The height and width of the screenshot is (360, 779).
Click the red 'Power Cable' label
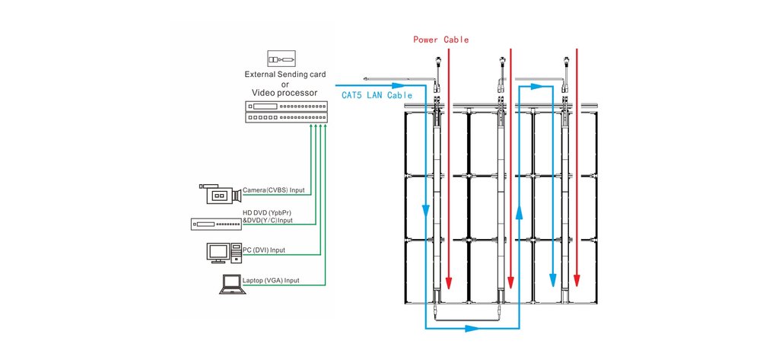(440, 40)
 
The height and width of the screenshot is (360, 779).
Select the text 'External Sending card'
(285, 75)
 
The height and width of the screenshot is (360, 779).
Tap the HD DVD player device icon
(215, 224)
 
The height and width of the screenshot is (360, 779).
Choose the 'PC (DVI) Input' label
(263, 250)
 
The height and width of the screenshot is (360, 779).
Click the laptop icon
(229, 284)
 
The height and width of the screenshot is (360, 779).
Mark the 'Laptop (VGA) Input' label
(270, 281)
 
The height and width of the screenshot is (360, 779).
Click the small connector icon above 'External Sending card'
(281, 59)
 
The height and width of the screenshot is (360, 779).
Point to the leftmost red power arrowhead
(449, 282)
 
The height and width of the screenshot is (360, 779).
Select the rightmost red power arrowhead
(577, 282)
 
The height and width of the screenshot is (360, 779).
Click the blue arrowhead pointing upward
(519, 215)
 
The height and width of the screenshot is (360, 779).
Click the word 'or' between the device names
(285, 83)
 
